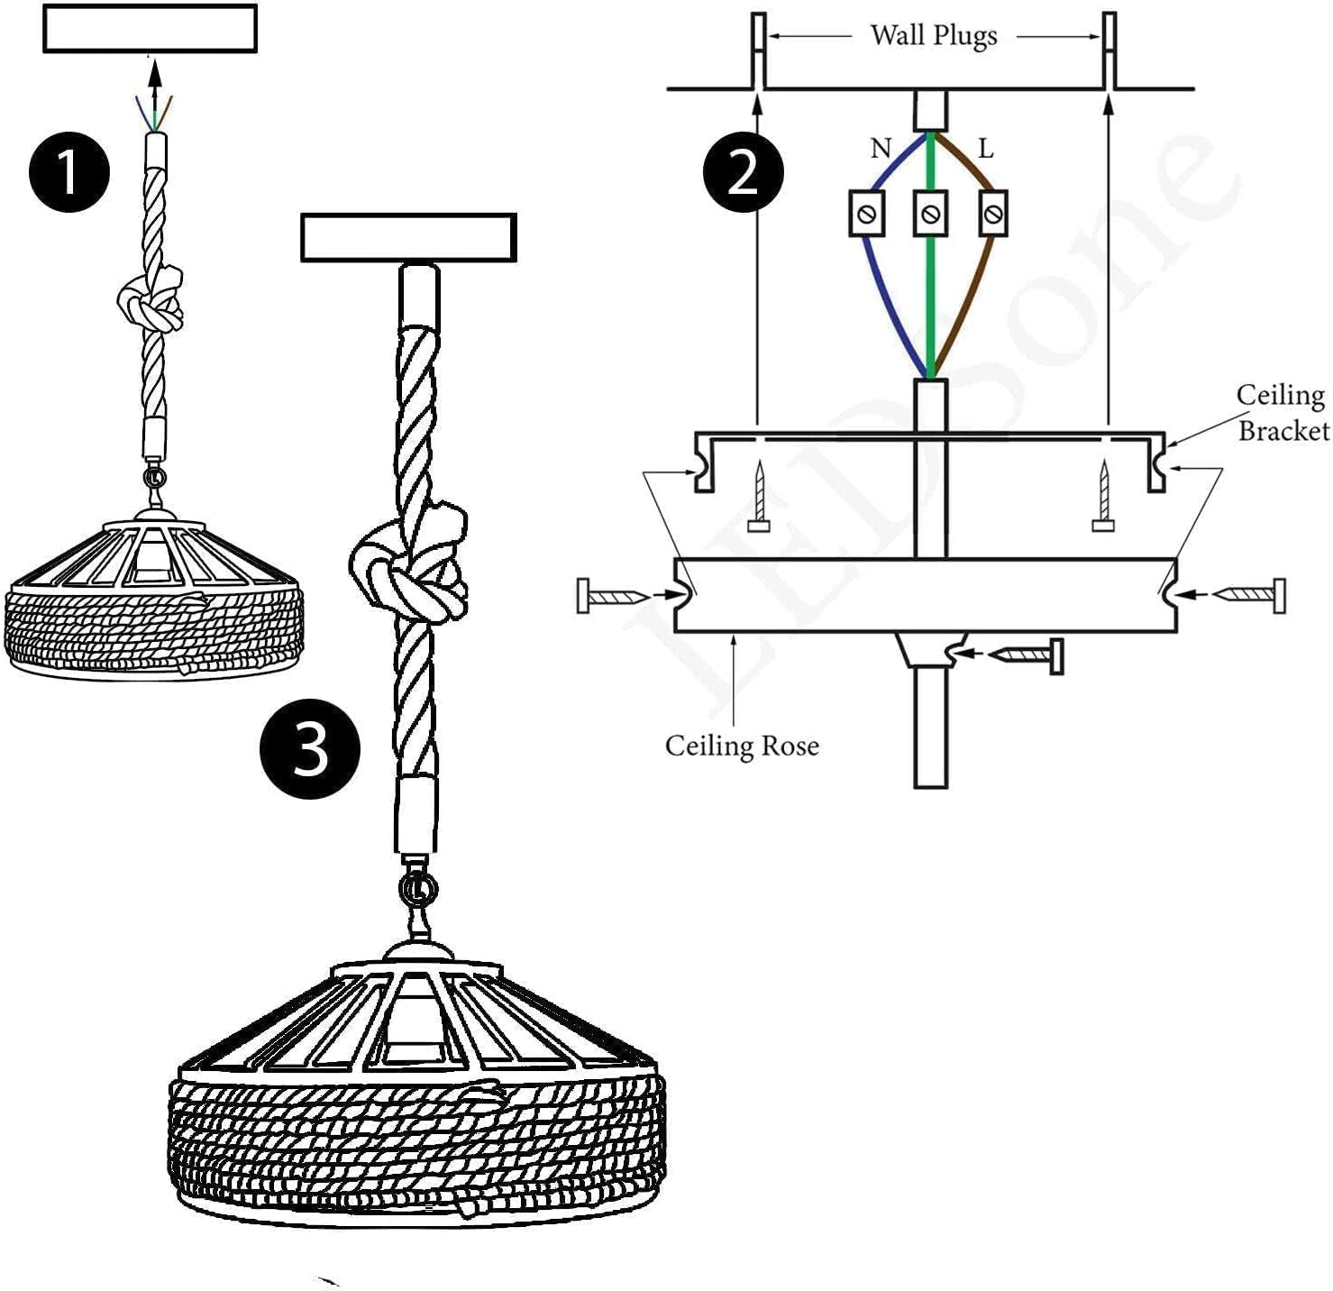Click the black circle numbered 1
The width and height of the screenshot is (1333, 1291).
(69, 171)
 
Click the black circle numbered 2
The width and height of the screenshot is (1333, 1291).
(744, 171)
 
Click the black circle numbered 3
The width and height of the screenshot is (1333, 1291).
(310, 749)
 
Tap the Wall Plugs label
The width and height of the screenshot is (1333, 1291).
(934, 36)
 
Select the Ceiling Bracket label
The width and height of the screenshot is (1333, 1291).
(1282, 413)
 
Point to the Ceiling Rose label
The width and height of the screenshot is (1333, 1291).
(742, 746)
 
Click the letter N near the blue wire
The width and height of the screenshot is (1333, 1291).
(881, 148)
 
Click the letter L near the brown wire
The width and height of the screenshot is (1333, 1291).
(985, 149)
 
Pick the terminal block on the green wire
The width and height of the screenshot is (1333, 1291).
(930, 214)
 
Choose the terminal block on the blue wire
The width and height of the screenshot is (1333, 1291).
(867, 214)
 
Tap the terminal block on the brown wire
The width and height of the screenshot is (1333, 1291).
(992, 214)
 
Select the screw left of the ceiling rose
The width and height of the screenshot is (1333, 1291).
(613, 596)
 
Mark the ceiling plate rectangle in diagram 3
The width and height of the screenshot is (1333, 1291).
(408, 238)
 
